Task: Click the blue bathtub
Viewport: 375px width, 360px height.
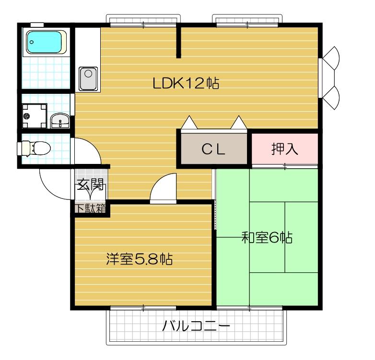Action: pyautogui.click(x=45, y=42)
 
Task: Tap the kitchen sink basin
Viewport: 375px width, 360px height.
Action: pyautogui.click(x=89, y=75)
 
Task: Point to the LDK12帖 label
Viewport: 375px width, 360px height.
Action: pyautogui.click(x=186, y=83)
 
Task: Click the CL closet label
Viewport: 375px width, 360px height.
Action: pyautogui.click(x=213, y=150)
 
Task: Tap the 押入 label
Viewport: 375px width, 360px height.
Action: pyautogui.click(x=285, y=149)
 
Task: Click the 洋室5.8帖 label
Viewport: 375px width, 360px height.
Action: pyautogui.click(x=139, y=259)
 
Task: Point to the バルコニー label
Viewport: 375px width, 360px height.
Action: pyautogui.click(x=196, y=328)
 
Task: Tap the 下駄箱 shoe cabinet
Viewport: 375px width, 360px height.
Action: pyautogui.click(x=90, y=209)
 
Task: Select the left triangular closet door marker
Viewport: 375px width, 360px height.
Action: pyautogui.click(x=189, y=123)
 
